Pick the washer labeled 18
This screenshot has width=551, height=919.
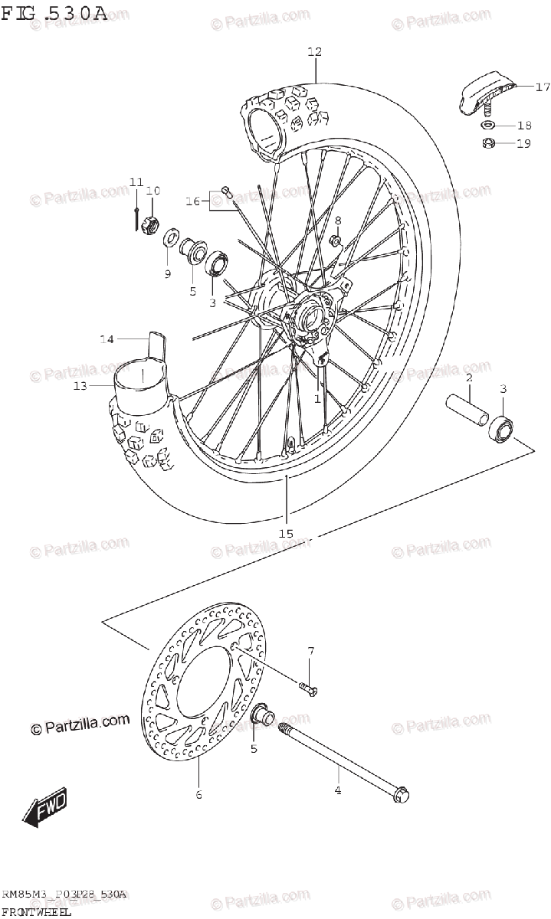pyautogui.click(x=487, y=126)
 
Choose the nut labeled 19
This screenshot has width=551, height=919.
pyautogui.click(x=487, y=143)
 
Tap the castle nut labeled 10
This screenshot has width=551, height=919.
pyautogui.click(x=151, y=225)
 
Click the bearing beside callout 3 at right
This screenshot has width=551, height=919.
pyautogui.click(x=503, y=428)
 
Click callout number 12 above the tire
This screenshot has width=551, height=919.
pyautogui.click(x=314, y=52)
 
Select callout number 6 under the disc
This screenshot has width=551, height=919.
pyautogui.click(x=198, y=795)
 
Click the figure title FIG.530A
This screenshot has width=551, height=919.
pyautogui.click(x=54, y=13)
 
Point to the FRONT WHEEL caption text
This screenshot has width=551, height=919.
pyautogui.click(x=36, y=911)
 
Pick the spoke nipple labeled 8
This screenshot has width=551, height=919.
pyautogui.click(x=336, y=242)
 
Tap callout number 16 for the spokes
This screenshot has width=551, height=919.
pyautogui.click(x=193, y=201)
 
